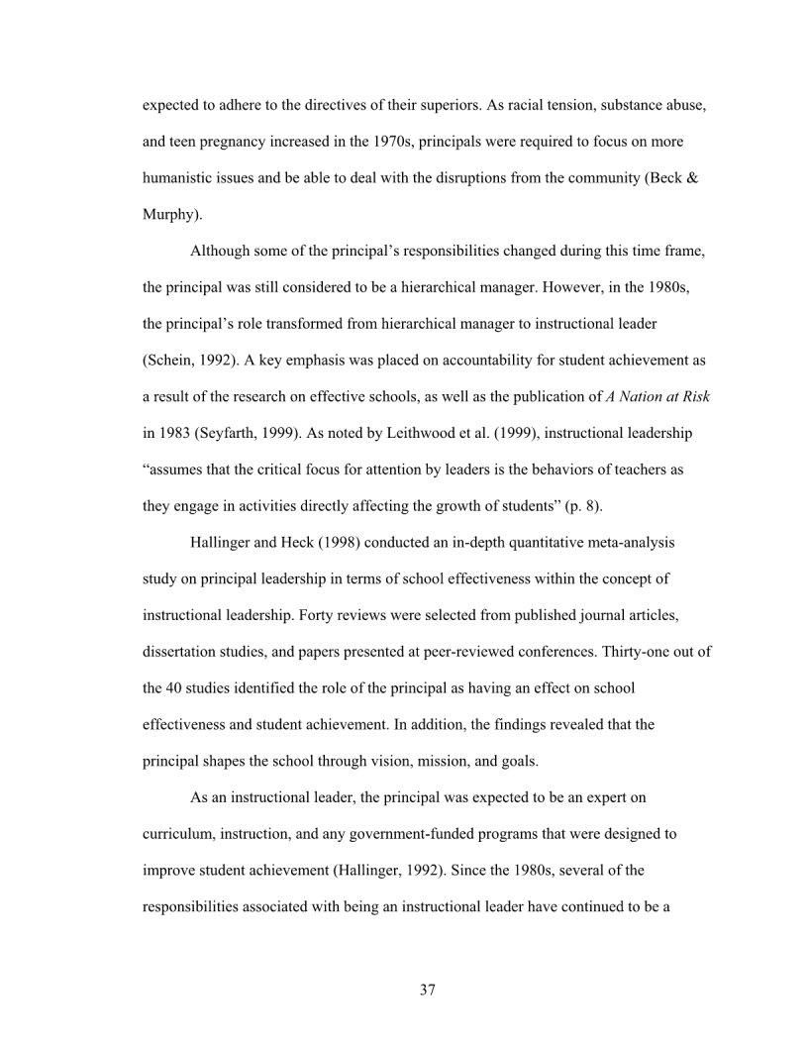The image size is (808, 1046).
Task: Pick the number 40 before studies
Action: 179,688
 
